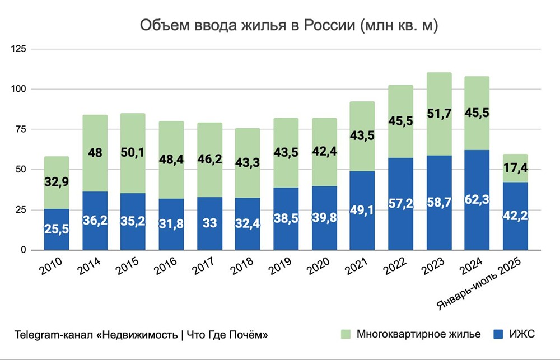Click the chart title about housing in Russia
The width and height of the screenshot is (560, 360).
pyautogui.click(x=288, y=26)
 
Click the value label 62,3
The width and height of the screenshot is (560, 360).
pyautogui.click(x=477, y=213)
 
